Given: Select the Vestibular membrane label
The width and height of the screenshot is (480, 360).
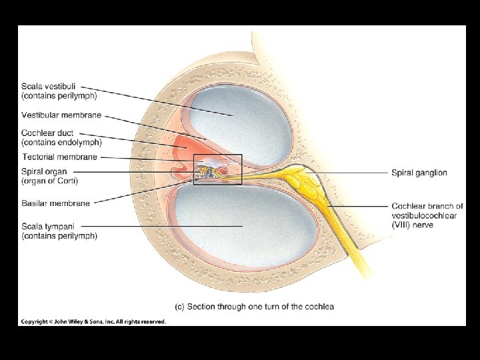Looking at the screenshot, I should (61, 115).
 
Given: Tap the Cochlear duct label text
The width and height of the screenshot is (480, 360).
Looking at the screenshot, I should (47, 133).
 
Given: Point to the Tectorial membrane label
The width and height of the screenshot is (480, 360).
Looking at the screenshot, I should (60, 157).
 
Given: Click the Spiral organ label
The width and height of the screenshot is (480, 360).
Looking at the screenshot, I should (45, 172).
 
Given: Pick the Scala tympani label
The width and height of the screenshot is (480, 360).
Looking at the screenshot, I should (49, 227).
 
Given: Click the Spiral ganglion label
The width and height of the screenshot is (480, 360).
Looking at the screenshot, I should (419, 173).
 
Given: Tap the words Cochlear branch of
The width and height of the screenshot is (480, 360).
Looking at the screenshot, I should (427, 207).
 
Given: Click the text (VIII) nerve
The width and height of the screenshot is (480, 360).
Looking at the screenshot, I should (413, 225).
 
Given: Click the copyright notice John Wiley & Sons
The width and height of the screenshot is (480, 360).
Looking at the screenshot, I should (93, 322).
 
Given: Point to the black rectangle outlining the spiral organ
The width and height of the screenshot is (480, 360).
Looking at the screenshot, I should (217, 155).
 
